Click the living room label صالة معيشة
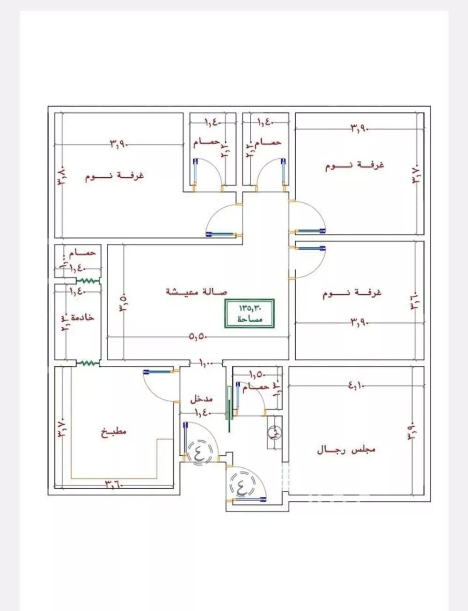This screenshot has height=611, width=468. pos(197,291)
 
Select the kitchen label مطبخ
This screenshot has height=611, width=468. pos(114,431)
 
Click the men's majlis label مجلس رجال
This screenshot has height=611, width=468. pos(346,450)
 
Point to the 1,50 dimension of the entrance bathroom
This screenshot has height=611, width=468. pos(257,374)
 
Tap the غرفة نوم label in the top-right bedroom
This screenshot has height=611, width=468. pos(354,165)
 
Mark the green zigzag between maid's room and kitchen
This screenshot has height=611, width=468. pos(88,363)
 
